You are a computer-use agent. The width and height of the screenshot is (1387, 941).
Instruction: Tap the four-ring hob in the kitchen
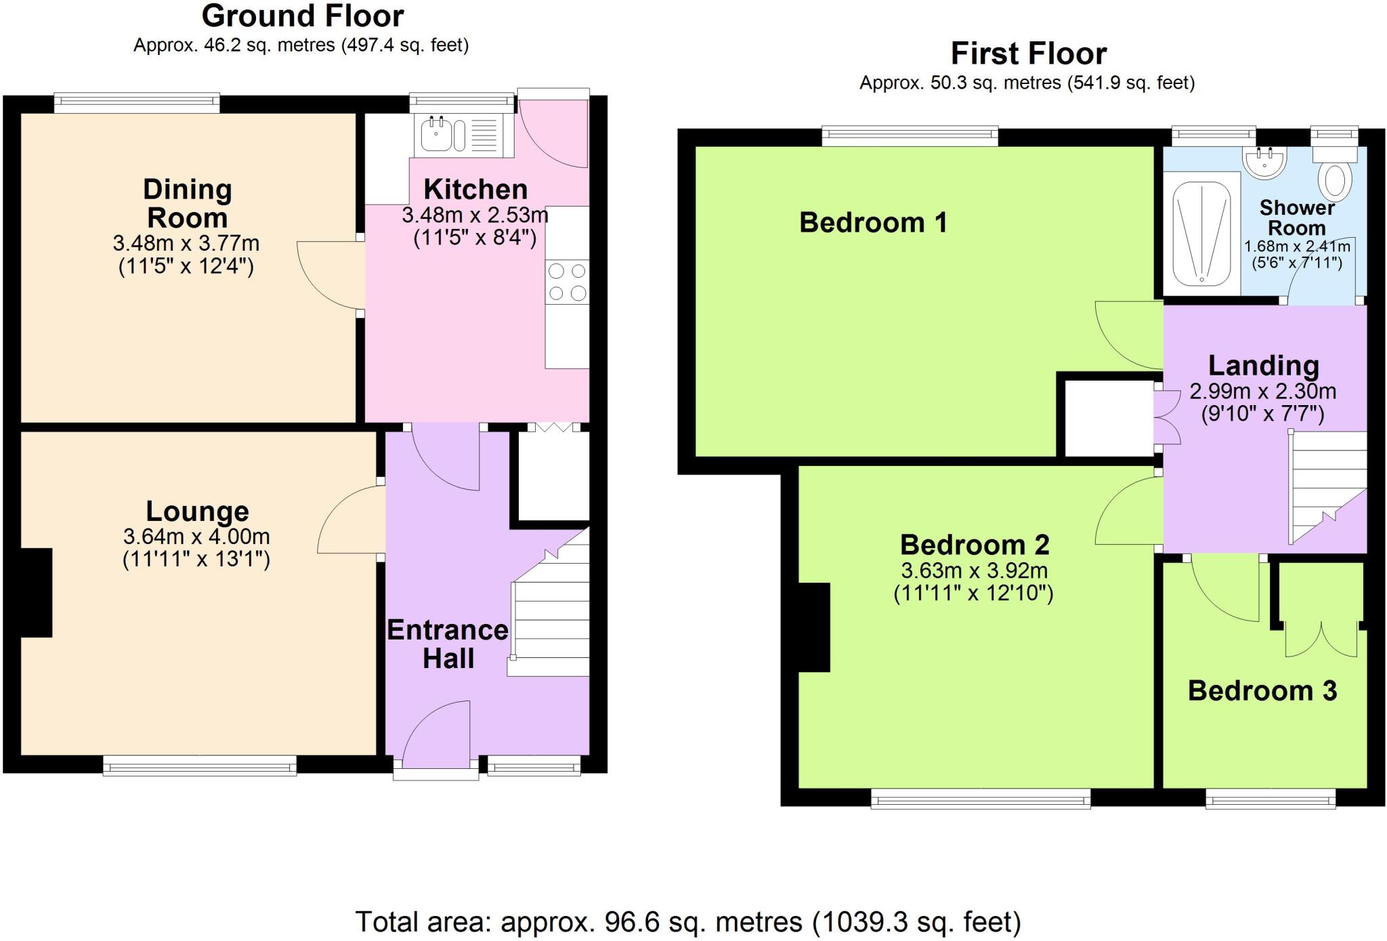click(567, 283)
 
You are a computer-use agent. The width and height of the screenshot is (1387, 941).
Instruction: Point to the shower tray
click(1201, 232)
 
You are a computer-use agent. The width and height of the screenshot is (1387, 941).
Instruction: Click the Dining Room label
click(187, 203)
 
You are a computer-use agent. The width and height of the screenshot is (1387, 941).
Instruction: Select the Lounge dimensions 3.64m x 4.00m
click(196, 537)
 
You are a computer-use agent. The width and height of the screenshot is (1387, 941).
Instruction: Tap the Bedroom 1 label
click(872, 223)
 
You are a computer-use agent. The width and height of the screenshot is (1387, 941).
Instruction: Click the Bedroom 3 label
click(1262, 691)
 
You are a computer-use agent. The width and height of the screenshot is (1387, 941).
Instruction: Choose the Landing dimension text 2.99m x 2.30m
click(1262, 392)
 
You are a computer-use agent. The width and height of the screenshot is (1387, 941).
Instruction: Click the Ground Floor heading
click(302, 16)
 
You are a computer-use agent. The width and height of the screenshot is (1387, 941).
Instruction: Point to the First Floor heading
click(1028, 54)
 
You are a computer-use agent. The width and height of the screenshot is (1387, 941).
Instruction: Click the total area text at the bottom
click(687, 922)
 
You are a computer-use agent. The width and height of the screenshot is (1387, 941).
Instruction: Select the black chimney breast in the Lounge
click(36, 593)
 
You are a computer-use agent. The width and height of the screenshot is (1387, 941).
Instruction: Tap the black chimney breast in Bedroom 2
click(814, 627)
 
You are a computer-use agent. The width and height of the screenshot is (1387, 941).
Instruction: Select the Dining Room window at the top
click(137, 103)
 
